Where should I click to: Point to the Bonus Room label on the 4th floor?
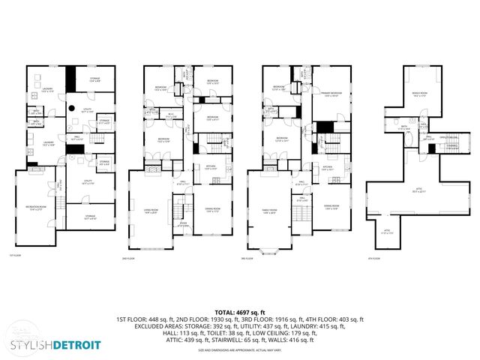point(419,94)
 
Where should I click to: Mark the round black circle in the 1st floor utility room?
point(72,109)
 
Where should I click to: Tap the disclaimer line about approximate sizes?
point(239,350)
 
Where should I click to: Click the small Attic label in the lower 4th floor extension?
point(388,232)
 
